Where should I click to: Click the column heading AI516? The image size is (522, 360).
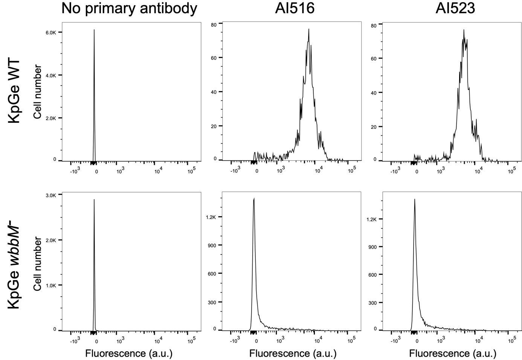tap(295, 8)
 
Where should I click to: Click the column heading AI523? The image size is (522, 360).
tap(455, 8)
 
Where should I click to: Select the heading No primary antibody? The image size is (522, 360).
tap(129, 8)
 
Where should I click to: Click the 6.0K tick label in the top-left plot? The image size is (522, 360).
tap(51, 33)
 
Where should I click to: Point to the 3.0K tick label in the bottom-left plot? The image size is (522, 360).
tap(51, 195)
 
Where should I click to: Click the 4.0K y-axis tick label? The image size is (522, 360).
tap(51, 75)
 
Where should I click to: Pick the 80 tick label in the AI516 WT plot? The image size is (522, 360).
tap(214, 25)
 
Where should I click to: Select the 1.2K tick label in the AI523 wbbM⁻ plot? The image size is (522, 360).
tap(372, 219)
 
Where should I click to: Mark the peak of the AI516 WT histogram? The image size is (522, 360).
tap(309, 29)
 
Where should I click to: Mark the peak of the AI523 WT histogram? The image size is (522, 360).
tap(464, 30)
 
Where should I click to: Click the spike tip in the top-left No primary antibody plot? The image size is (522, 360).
tap(94, 30)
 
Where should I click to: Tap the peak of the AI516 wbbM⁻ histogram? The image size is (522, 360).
tap(254, 198)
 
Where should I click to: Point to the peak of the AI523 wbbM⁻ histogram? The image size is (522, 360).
tap(415, 199)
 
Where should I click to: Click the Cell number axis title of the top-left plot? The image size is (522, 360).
tap(37, 92)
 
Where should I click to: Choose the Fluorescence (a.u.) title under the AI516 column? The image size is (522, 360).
tap(293, 354)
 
